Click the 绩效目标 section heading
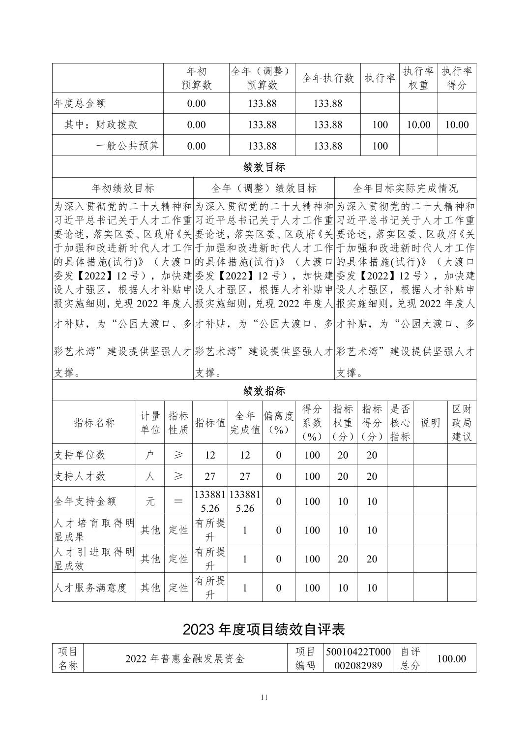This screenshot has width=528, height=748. click(x=264, y=167)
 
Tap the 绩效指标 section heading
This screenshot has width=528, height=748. click(x=264, y=391)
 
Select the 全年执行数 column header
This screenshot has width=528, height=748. click(x=327, y=78)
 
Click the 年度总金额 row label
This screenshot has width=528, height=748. click(x=80, y=103)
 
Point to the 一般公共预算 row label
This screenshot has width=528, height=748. click(x=127, y=146)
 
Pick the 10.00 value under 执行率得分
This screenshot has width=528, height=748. click(x=457, y=125)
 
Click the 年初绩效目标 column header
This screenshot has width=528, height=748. click(x=123, y=188)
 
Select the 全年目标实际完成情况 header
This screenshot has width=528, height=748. click(x=405, y=188)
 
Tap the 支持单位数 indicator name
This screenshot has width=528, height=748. click(x=80, y=455)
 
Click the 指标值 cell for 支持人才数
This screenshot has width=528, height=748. click(x=210, y=476)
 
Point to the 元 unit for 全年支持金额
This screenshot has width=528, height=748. click(x=150, y=501)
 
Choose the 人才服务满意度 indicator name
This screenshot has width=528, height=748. click(x=90, y=588)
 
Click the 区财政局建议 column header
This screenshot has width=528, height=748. click(x=462, y=423)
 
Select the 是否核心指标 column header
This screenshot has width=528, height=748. click(x=400, y=423)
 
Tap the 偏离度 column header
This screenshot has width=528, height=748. click(x=278, y=423)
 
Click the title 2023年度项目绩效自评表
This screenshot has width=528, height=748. click(x=264, y=629)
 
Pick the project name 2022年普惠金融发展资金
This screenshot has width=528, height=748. click(x=185, y=659)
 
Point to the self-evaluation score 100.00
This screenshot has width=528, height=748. click(x=452, y=659)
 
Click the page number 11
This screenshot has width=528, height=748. click(x=264, y=697)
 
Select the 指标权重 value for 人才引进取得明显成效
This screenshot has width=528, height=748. click(x=343, y=559)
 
